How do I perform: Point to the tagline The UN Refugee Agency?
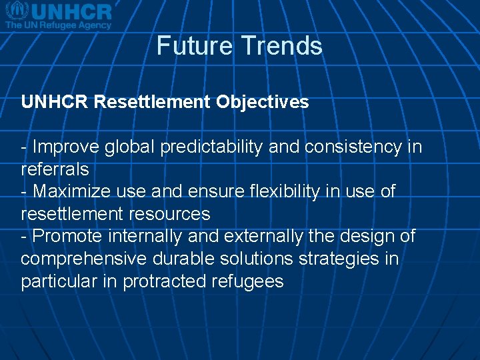tap(59, 25)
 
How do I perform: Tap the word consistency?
tap(353, 147)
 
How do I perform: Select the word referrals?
tap(55, 169)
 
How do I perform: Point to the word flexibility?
tap(288, 192)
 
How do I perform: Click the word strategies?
tap(340, 259)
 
